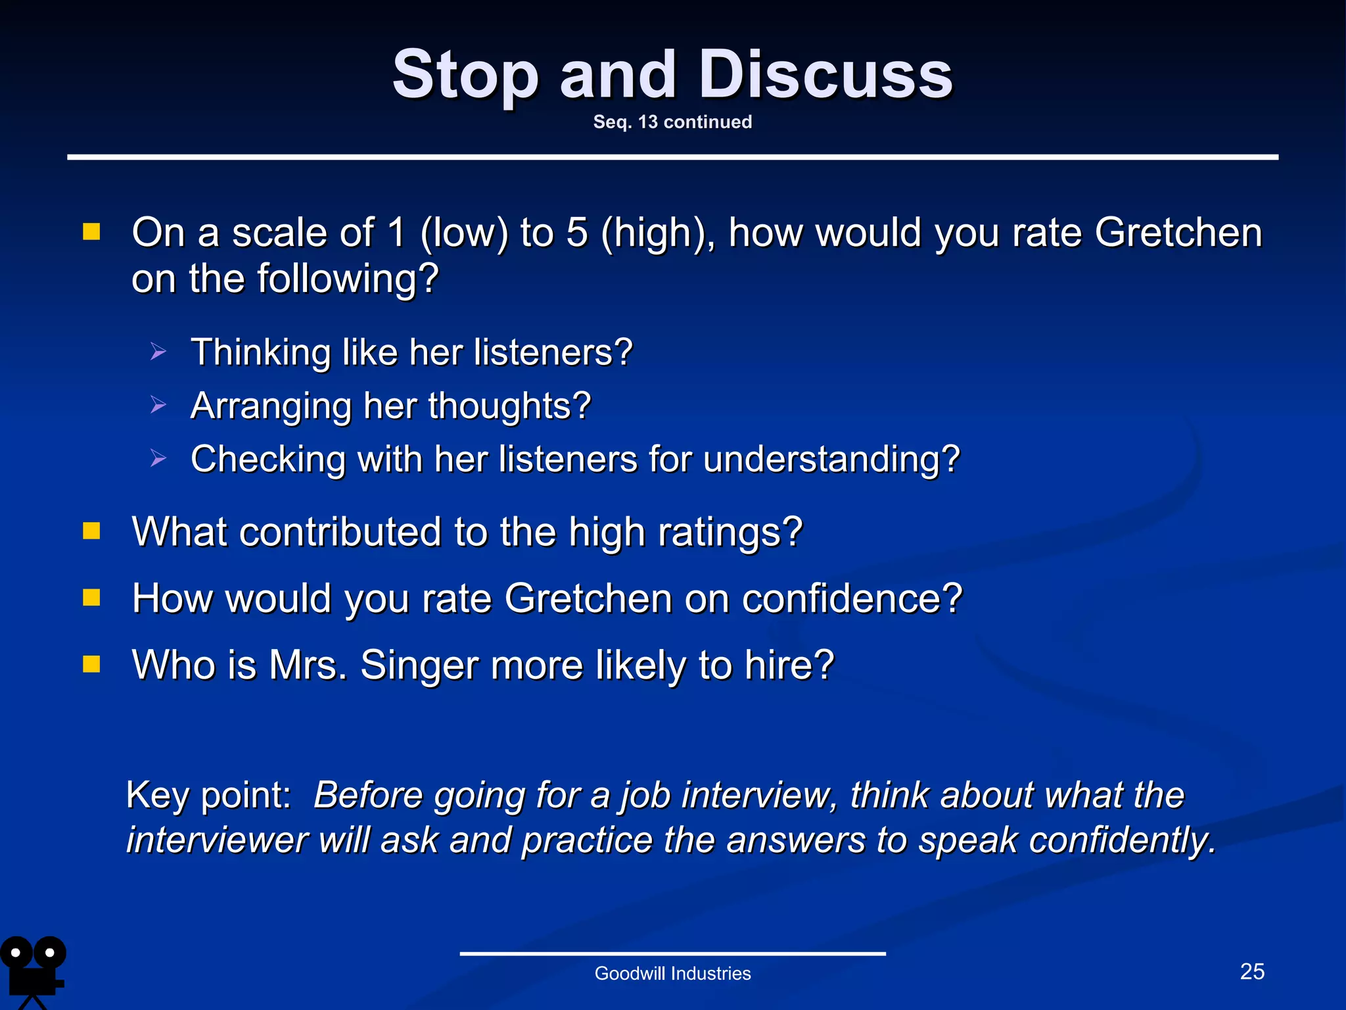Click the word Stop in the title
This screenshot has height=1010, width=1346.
[465, 76]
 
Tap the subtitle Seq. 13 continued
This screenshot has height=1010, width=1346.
[672, 122]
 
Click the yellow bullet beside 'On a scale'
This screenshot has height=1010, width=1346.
[91, 231]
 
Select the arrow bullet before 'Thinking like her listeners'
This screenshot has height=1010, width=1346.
[158, 352]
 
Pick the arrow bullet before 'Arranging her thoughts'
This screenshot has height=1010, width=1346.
[158, 405]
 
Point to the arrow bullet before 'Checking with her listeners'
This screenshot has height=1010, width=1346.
[158, 458]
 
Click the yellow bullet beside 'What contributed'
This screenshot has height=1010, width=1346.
[91, 531]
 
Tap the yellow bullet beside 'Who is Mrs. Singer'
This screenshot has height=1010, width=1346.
[91, 664]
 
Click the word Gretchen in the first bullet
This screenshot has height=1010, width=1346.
[1178, 233]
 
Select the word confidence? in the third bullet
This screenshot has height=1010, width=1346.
[856, 598]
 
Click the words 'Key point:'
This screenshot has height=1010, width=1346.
[208, 795]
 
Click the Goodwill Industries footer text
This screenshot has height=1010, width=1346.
[672, 973]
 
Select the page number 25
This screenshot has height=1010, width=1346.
[1252, 971]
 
